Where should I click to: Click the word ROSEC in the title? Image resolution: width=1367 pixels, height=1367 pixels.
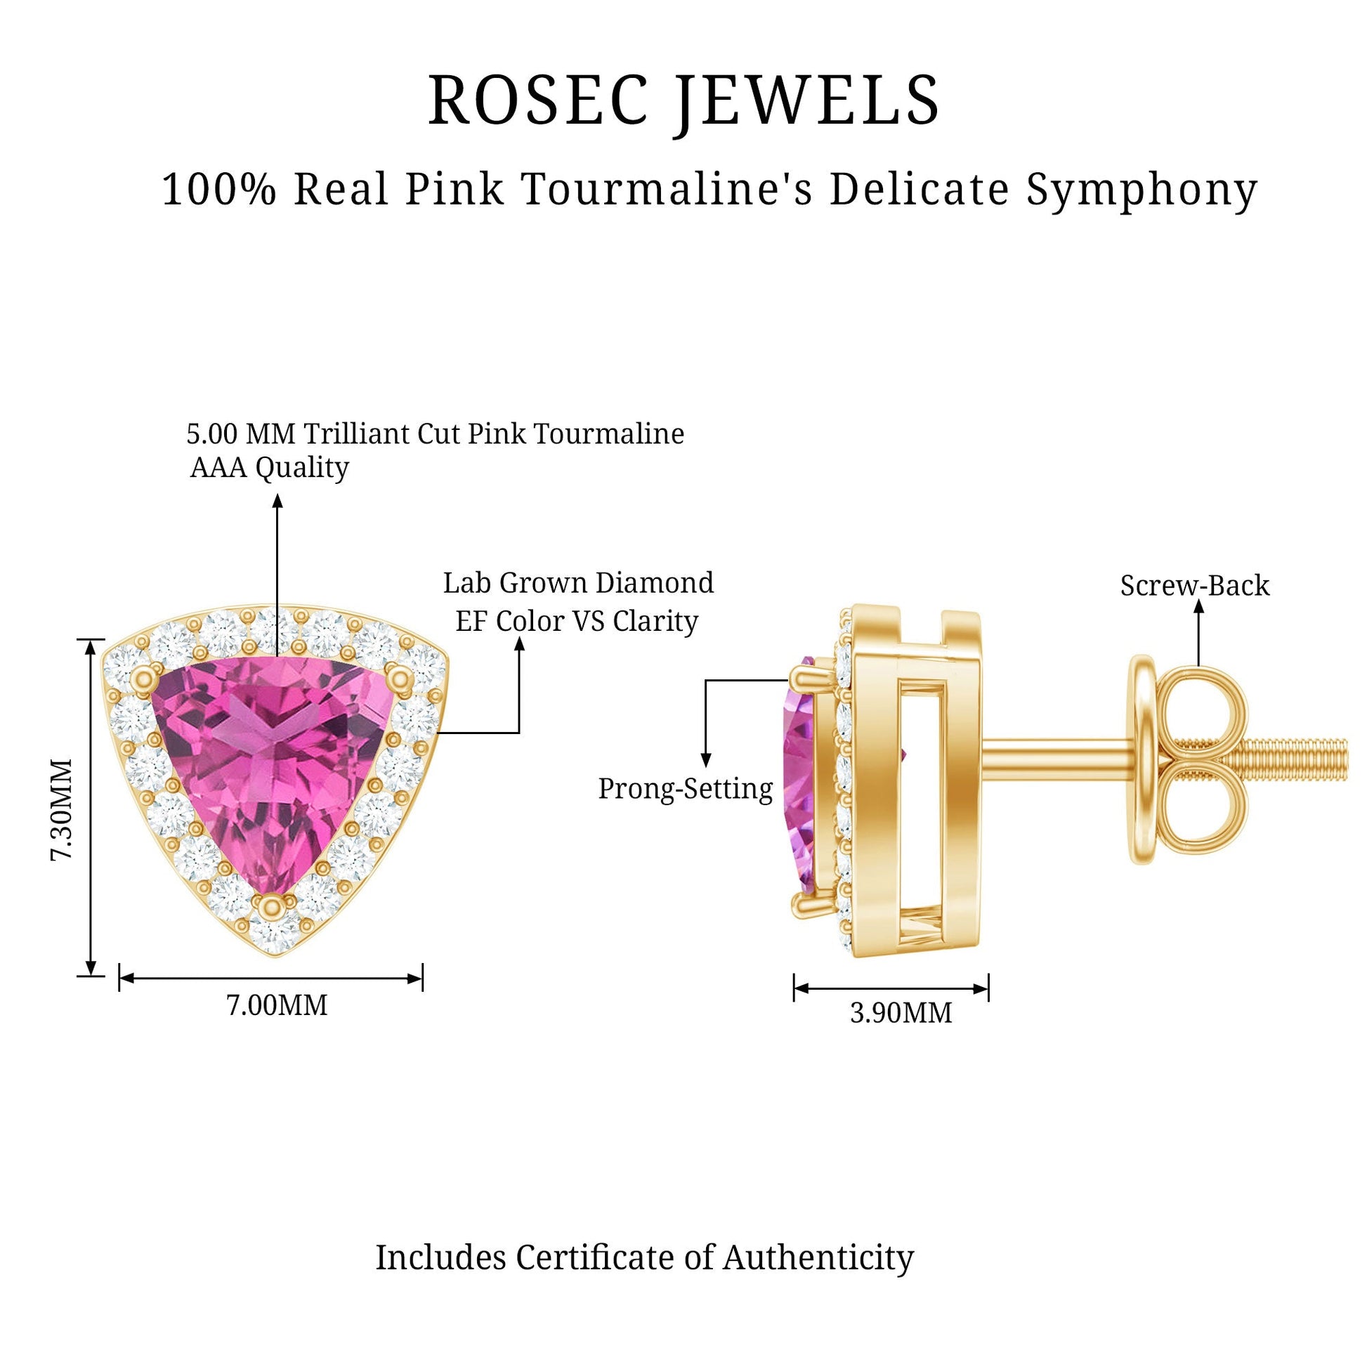click(x=538, y=100)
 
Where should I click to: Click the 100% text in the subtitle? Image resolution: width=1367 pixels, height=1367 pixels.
click(x=218, y=189)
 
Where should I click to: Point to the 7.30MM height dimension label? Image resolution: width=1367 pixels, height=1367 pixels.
click(x=62, y=809)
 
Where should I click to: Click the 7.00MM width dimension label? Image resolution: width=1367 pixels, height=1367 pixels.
click(x=277, y=1005)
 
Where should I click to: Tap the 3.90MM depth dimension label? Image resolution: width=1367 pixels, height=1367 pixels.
click(x=901, y=1012)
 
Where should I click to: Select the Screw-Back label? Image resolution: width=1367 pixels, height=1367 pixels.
click(x=1194, y=585)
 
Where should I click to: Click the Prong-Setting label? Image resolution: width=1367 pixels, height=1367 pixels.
click(x=686, y=789)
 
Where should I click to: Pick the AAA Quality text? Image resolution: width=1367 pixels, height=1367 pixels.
click(x=270, y=468)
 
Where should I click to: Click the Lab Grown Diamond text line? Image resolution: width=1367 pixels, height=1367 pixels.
click(x=578, y=583)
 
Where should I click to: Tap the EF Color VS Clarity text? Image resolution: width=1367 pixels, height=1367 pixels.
click(x=577, y=621)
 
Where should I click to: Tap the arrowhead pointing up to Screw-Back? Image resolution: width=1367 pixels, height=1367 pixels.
click(x=1198, y=606)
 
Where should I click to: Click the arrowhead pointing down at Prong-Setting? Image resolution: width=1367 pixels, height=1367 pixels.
click(x=705, y=760)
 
